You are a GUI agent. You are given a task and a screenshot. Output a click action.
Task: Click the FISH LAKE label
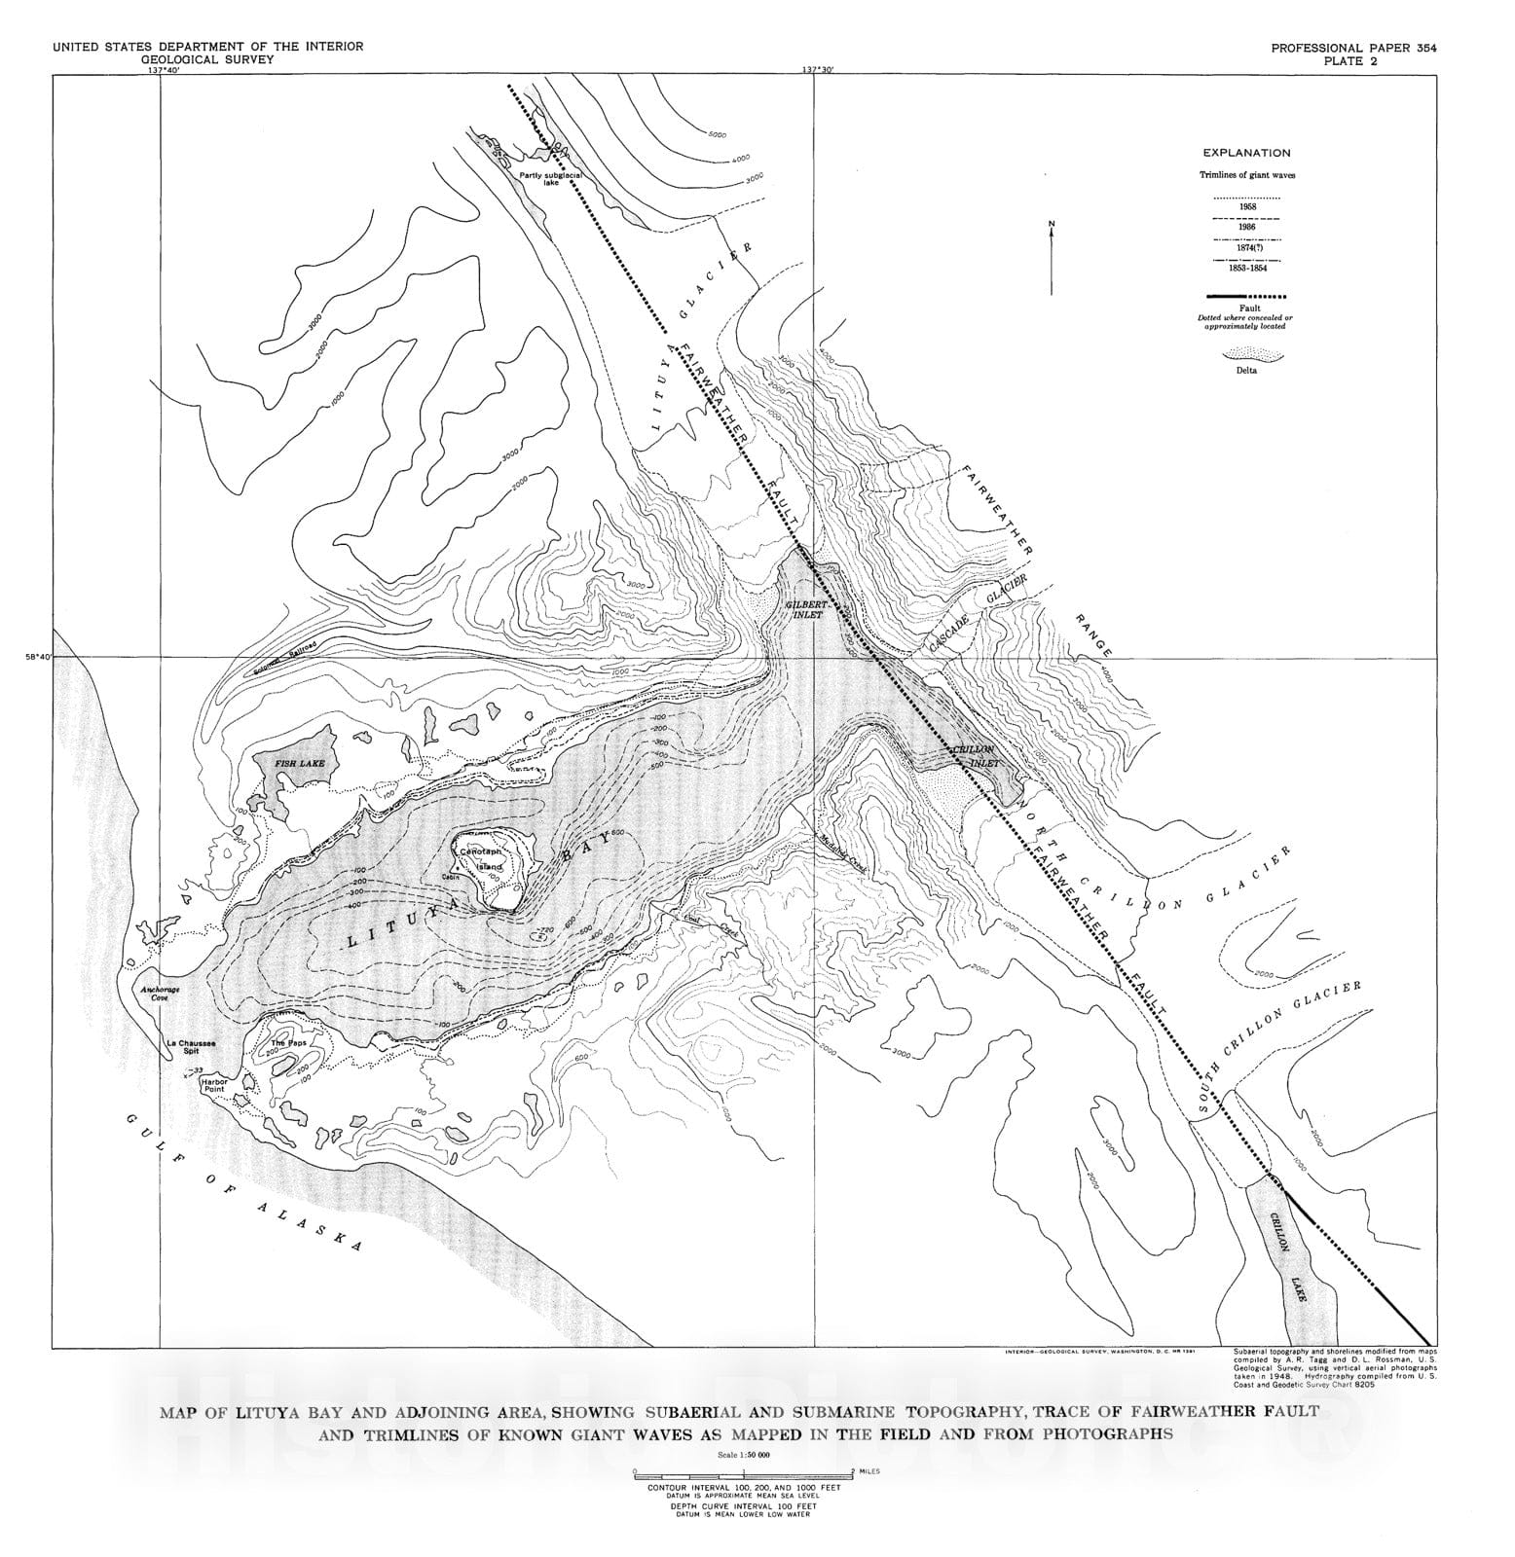[x=299, y=764]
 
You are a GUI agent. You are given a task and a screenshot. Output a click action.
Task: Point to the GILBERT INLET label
[x=806, y=609]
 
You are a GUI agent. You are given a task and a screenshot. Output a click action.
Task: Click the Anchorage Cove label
[x=161, y=995]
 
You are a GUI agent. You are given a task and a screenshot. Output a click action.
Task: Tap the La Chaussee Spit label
[x=190, y=1048]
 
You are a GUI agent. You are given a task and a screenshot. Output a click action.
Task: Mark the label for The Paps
[x=282, y=1043]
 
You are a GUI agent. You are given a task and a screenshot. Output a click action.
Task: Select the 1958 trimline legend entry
[x=1246, y=207]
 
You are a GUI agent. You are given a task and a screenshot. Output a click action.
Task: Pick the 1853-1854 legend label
[x=1246, y=269]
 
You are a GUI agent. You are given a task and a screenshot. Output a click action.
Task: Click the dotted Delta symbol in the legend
[x=1246, y=356]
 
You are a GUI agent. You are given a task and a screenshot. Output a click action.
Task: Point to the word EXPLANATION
[x=1246, y=153]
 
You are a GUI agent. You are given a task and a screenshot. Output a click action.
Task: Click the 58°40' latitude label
[x=39, y=657]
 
